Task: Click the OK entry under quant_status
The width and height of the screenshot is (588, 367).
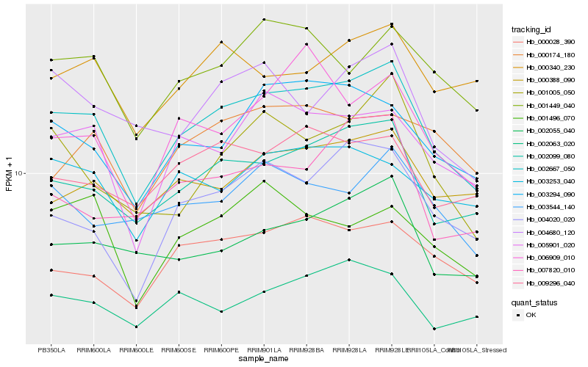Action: click(531, 315)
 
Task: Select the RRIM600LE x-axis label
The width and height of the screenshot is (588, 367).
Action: click(136, 349)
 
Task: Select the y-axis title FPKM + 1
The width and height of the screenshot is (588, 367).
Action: click(9, 174)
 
